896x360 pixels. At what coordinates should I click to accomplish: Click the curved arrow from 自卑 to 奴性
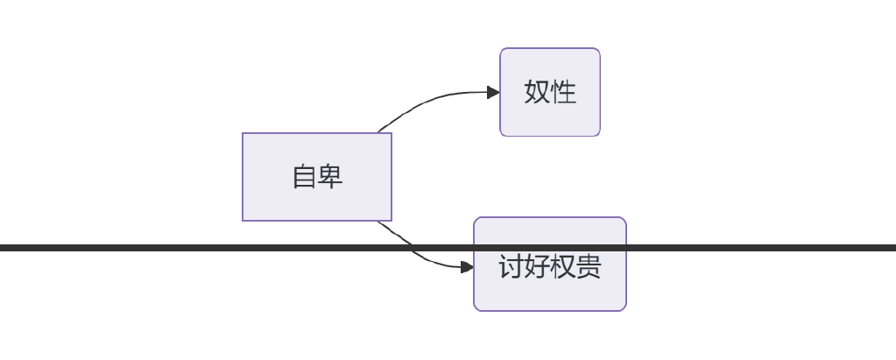429,99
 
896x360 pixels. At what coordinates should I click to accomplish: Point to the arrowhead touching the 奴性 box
493,92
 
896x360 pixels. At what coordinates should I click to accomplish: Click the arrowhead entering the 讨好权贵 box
468,266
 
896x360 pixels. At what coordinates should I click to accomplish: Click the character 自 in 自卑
304,177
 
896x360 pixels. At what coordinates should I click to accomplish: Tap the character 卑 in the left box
329,177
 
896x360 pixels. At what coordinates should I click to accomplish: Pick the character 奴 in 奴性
537,92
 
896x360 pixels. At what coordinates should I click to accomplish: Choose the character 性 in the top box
563,92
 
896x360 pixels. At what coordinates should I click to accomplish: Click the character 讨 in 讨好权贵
511,266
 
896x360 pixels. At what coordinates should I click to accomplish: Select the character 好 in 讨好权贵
537,266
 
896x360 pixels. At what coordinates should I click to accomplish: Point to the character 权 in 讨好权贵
563,266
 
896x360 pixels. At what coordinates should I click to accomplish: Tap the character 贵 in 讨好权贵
589,266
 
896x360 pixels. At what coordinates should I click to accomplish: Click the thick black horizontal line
175,248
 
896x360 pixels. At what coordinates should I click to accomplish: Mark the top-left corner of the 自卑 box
243,133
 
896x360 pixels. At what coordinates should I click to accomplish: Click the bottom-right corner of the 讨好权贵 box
625,310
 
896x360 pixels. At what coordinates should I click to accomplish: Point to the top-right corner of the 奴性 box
599,49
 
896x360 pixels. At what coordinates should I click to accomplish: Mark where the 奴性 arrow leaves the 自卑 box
378,133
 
